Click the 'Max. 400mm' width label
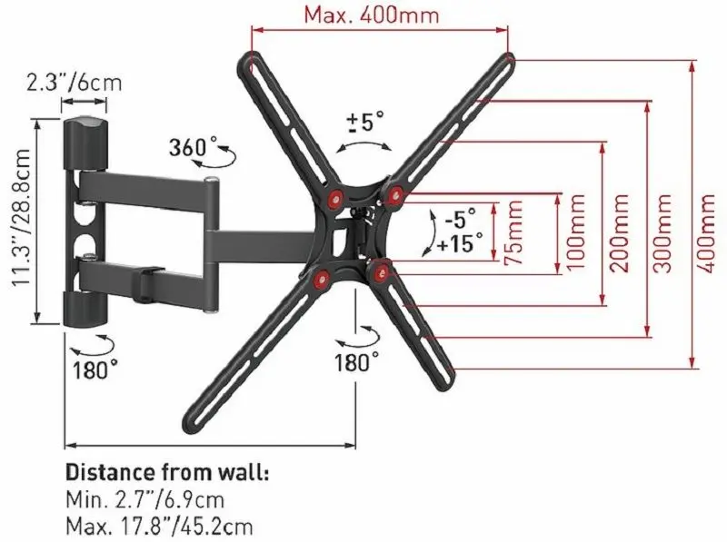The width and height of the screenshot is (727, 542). pyautogui.click(x=372, y=15)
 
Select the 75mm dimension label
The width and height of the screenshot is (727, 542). pyautogui.click(x=513, y=232)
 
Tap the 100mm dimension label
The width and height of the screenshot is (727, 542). pyautogui.click(x=576, y=233)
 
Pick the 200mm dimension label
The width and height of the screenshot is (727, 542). pyautogui.click(x=620, y=233)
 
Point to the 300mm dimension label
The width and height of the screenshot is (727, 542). pyautogui.click(x=662, y=233)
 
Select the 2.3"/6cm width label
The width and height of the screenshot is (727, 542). pyautogui.click(x=75, y=84)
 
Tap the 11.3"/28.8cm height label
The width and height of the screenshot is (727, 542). pyautogui.click(x=21, y=218)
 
